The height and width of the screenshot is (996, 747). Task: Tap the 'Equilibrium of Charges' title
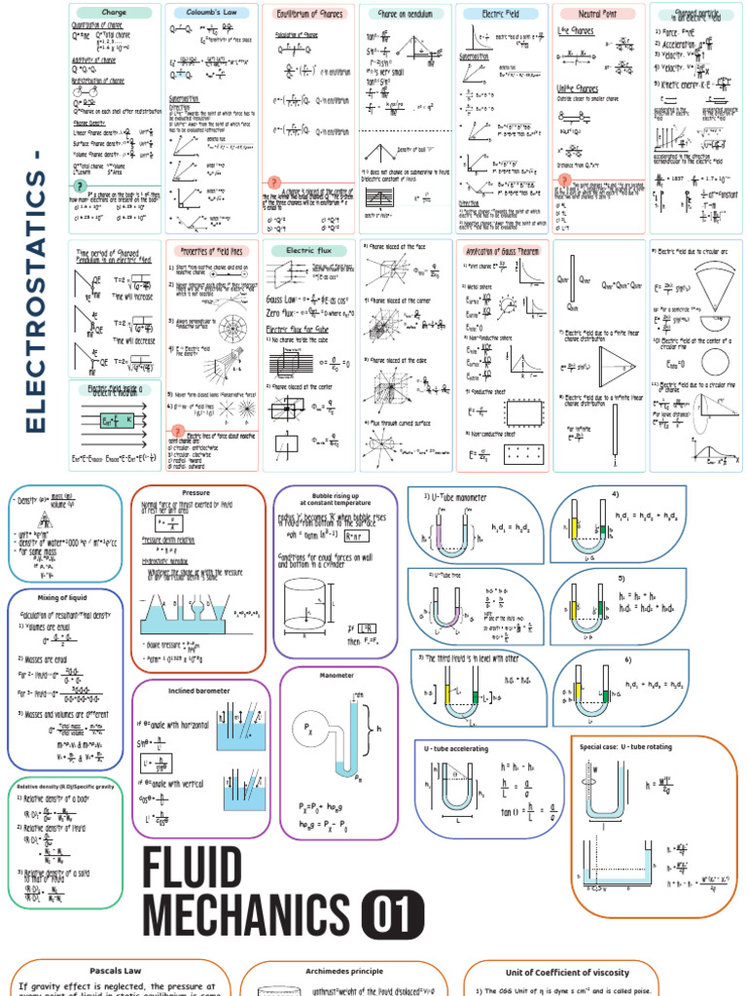306,14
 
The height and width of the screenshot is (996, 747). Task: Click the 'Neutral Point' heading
598,14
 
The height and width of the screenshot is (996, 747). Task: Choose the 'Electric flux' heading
306,250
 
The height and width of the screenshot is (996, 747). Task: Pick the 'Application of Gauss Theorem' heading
501,250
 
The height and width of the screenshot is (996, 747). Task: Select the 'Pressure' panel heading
197,493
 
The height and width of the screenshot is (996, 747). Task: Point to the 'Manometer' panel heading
338,675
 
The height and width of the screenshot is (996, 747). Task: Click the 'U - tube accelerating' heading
456,748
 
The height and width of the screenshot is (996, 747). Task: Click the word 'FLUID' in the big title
192,869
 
